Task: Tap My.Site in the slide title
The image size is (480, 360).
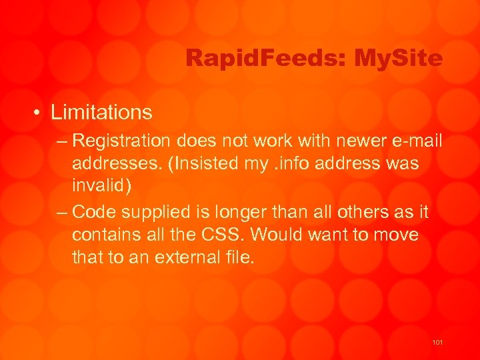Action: tap(399, 59)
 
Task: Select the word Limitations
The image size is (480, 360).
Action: tap(101, 112)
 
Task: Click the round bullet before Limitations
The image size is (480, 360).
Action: tap(41, 113)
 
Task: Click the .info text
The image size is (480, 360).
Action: tap(291, 163)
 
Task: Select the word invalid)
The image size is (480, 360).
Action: tap(102, 185)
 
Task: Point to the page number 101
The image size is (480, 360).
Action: tap(437, 342)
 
